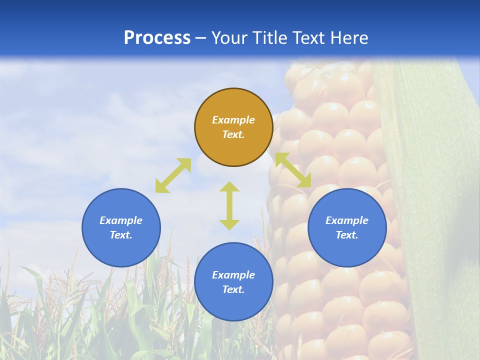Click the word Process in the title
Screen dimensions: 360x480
tap(157, 38)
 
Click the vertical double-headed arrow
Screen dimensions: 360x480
tap(229, 205)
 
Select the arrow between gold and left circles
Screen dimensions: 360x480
tap(173, 175)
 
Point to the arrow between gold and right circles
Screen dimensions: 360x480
tap(293, 170)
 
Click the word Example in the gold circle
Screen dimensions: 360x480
tap(233, 120)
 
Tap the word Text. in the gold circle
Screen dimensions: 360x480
tap(233, 134)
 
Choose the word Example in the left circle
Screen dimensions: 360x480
tap(121, 220)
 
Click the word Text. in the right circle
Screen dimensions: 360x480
tap(347, 235)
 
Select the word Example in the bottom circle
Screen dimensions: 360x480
tap(233, 275)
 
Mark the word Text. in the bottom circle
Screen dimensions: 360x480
tap(233, 289)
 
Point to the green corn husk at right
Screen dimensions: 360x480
tap(435, 200)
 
